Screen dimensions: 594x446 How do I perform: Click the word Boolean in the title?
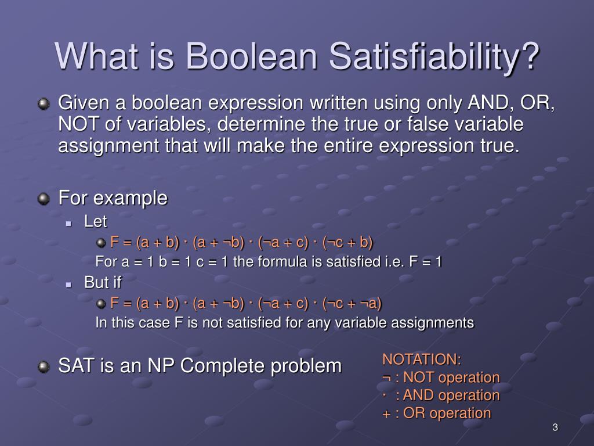[x=251, y=56]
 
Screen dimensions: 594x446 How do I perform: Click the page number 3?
[x=555, y=427]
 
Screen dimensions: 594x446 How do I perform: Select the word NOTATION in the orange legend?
[x=419, y=359]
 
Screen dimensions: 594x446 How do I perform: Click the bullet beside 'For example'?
[x=44, y=199]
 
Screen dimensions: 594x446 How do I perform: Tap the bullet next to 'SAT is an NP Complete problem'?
[x=44, y=366]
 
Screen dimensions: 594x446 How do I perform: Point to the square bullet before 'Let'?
[x=68, y=224]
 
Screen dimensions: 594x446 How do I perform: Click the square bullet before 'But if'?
[x=68, y=285]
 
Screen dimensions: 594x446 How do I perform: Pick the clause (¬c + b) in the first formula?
[x=348, y=242]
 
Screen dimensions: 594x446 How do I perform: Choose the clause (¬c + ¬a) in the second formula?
[x=352, y=303]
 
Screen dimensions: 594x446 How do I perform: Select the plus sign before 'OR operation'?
[x=386, y=413]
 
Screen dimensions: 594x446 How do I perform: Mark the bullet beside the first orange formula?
[x=101, y=243]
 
